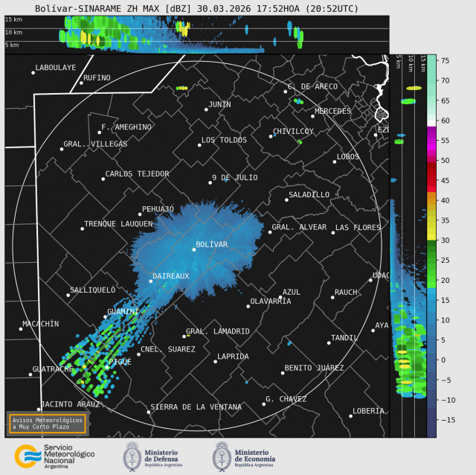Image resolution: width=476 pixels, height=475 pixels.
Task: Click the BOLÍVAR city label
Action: [x=211, y=244]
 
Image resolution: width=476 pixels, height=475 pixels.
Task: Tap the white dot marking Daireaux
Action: [x=150, y=281]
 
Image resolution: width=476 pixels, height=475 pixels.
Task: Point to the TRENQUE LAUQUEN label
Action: [x=118, y=223]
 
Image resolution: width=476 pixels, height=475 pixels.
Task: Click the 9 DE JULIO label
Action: [x=234, y=177]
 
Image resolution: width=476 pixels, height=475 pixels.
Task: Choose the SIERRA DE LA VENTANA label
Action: [x=196, y=407]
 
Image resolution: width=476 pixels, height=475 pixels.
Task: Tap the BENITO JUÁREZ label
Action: [x=314, y=368]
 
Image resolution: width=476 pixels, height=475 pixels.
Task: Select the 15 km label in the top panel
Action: [x=13, y=19]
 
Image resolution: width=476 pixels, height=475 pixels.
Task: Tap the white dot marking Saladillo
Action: [x=286, y=200]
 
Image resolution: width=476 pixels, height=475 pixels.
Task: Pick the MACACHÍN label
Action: [x=40, y=324]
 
